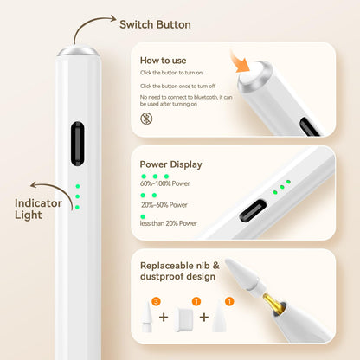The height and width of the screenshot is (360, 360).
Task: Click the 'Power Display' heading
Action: click(x=170, y=163)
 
